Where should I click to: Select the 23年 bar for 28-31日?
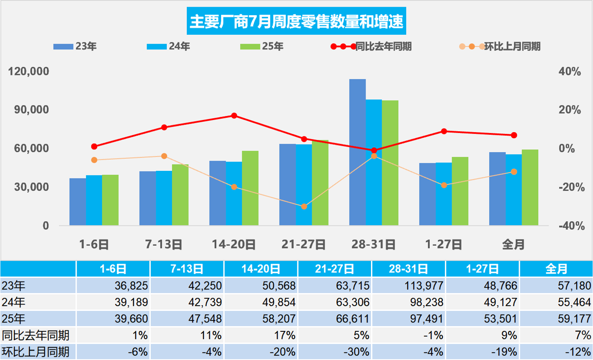(357, 152)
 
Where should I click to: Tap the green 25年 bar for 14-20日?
(250, 188)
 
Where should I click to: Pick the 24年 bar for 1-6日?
(94, 200)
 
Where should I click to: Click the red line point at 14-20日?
(234, 116)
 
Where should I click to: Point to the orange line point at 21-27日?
(304, 207)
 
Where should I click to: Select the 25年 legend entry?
(261, 46)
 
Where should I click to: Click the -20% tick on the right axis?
(571, 187)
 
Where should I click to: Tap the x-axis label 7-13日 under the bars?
(164, 244)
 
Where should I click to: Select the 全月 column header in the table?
(556, 269)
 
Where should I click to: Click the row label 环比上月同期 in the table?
(36, 352)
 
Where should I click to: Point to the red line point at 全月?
(514, 135)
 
